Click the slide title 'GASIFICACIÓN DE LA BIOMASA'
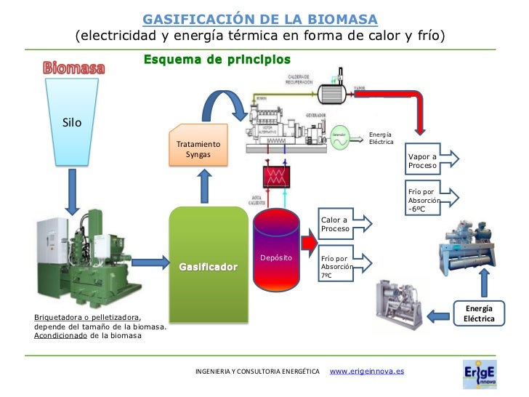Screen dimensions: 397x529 259,18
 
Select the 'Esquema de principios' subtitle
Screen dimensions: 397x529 217,59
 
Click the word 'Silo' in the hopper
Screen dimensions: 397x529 72,122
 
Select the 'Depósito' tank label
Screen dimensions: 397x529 276,258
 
